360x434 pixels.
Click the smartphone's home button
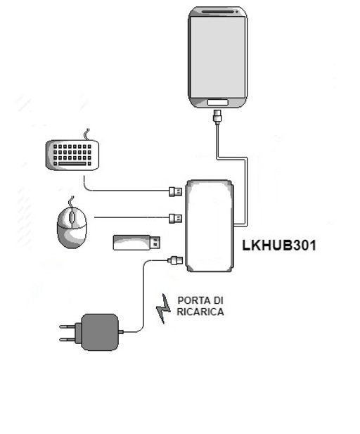pyautogui.click(x=217, y=103)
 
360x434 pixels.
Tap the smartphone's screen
pyautogui.click(x=218, y=57)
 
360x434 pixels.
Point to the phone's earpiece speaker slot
pyautogui.click(x=217, y=12)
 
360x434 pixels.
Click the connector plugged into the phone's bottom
pyautogui.click(x=217, y=115)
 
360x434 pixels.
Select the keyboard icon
pyautogui.click(x=72, y=155)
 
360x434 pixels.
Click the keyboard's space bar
pyautogui.click(x=72, y=164)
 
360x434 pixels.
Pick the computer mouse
pyautogui.click(x=72, y=227)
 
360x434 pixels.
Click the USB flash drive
pyautogui.click(x=136, y=243)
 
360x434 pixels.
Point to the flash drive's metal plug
pyautogui.click(x=155, y=243)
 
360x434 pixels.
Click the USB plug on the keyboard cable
pyautogui.click(x=176, y=191)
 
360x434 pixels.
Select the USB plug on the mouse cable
pyautogui.click(x=176, y=218)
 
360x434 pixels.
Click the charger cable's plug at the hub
pyautogui.click(x=176, y=260)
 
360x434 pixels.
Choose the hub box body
pyautogui.click(x=210, y=226)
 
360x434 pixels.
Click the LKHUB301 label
pyautogui.click(x=279, y=245)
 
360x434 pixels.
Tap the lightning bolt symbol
pyautogui.click(x=163, y=309)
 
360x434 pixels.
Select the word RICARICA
pyautogui.click(x=200, y=312)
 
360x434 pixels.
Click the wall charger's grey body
pyautogui.click(x=100, y=332)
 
